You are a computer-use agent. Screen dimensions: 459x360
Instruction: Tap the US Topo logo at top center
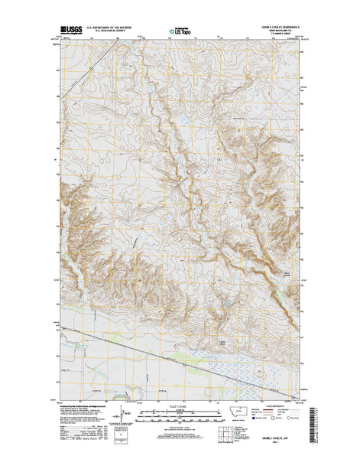click(180, 32)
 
